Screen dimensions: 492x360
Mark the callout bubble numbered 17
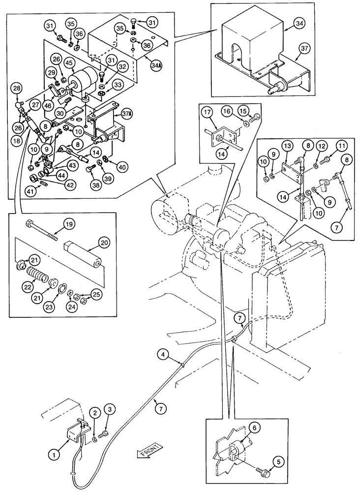tap(208, 112)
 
